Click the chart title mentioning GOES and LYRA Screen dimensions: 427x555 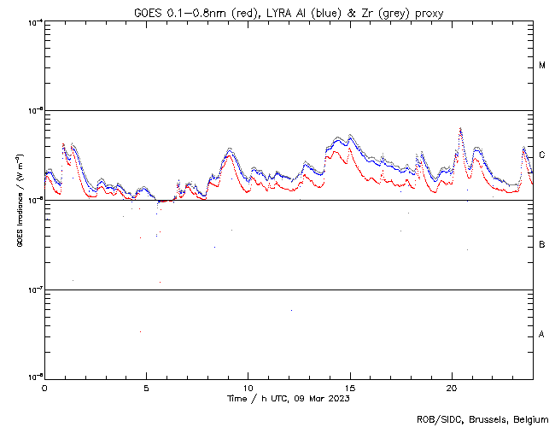pos(289,12)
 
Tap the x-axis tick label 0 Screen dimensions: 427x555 pos(44,387)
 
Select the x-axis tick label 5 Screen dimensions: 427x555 pos(146,387)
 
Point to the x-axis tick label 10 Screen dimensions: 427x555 pos(248,387)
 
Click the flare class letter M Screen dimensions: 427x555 pos(542,66)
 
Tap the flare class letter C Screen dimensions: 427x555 pos(542,155)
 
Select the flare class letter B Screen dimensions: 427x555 pos(542,245)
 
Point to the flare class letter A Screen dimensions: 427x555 pos(542,335)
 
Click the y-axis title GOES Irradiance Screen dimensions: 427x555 pos(18,201)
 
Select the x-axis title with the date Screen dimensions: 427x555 pos(289,398)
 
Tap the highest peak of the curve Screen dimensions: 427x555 pos(461,129)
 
